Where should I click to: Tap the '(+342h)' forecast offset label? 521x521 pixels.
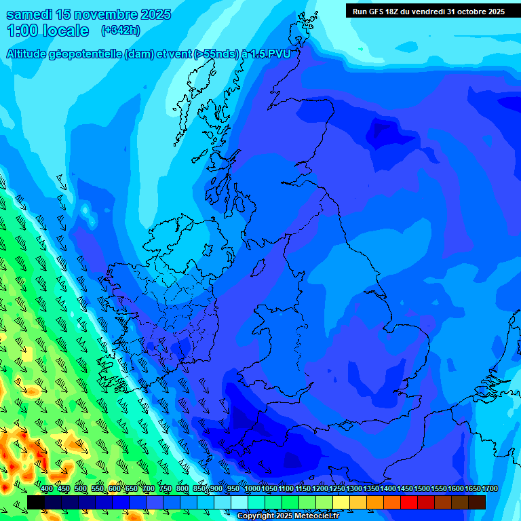[x=121, y=30]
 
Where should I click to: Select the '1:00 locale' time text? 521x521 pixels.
[x=47, y=31]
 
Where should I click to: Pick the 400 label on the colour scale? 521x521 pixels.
[x=46, y=488]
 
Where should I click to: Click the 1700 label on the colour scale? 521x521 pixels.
[x=490, y=488]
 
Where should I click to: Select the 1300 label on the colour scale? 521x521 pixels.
[x=353, y=488]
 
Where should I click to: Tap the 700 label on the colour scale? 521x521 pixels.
[x=149, y=488]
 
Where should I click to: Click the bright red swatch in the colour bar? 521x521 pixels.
[x=409, y=502]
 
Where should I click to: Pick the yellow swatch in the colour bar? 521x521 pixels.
[x=341, y=502]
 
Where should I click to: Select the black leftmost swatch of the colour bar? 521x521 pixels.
[x=36, y=502]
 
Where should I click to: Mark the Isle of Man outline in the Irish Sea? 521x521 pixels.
[x=258, y=269]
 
